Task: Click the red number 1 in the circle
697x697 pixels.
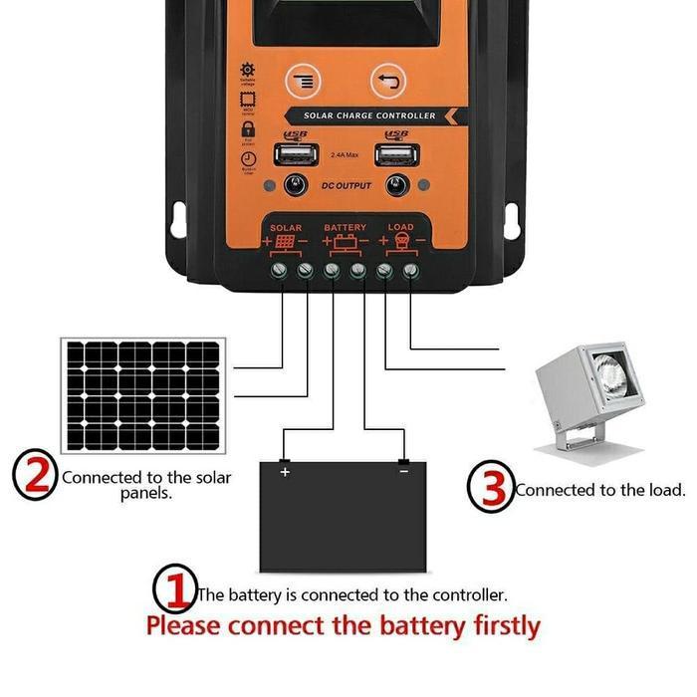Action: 174,589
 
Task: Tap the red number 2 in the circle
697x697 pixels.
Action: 36,474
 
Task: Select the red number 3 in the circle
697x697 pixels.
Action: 491,486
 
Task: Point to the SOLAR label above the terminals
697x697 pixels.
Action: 286,228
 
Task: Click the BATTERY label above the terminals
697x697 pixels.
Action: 345,228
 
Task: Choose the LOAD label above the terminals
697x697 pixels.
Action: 400,228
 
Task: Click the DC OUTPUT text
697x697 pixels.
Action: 347,186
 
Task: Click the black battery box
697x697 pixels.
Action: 345,514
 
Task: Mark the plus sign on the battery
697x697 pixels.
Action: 285,472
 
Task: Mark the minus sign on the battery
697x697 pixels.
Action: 403,471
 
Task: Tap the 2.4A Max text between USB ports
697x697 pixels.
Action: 346,156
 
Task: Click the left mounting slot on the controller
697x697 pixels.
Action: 179,219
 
